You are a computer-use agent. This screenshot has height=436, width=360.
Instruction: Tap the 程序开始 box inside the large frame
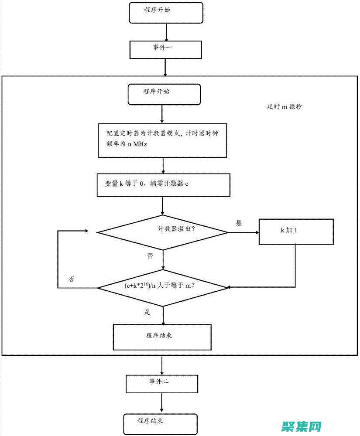click(165, 95)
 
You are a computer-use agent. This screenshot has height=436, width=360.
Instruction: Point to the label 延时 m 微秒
click(284, 106)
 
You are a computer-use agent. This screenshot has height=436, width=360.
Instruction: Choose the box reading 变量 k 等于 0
click(163, 185)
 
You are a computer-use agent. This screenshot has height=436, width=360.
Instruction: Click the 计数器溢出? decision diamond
click(163, 232)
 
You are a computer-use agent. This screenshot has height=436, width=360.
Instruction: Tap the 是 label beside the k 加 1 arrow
click(239, 223)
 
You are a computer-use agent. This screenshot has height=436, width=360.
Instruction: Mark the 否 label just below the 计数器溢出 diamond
click(150, 256)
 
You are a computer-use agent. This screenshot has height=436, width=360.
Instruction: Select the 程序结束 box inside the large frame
click(162, 337)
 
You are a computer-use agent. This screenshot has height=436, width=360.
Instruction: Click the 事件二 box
click(162, 383)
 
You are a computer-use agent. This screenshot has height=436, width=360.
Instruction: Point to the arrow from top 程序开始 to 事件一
click(166, 32)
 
